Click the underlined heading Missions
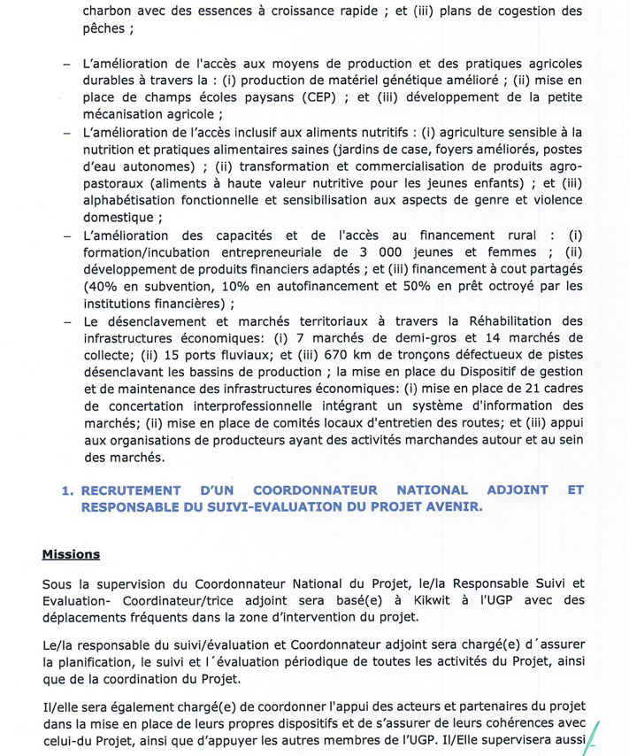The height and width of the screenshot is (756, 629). pos(71,555)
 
